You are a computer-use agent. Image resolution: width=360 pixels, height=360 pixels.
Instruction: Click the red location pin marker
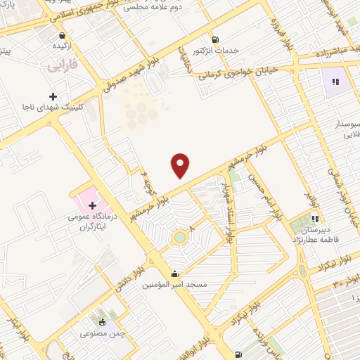(181, 166)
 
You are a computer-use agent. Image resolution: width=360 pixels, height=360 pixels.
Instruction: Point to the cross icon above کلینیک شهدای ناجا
(53, 96)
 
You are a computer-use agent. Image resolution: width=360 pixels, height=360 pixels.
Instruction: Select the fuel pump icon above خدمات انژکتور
(214, 39)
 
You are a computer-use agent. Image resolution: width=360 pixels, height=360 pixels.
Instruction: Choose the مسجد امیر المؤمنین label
(174, 284)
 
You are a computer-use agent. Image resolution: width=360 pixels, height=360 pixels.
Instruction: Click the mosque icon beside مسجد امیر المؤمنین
(174, 274)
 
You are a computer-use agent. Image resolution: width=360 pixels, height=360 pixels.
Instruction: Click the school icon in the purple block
(335, 82)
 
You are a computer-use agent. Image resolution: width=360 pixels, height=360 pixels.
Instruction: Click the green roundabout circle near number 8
(181, 238)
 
